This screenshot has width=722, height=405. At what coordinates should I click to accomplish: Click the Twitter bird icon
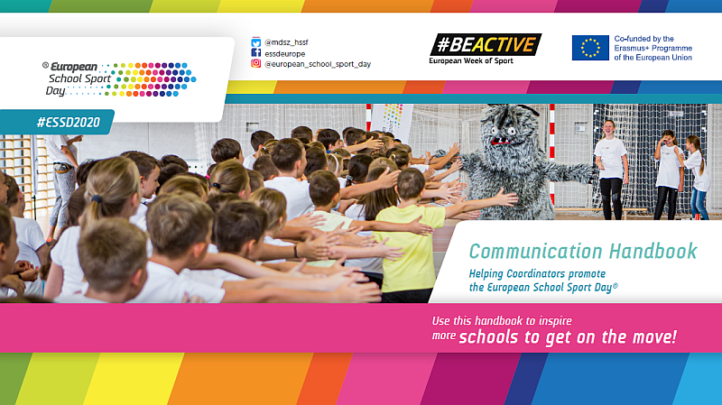pos(256,42)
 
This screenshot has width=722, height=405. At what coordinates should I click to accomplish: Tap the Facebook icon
pos(256,53)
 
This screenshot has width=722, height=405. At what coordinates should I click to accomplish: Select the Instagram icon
pos(256,63)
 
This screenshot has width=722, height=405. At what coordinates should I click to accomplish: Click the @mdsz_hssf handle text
pos(286,42)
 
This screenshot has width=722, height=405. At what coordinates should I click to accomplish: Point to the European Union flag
pos(590,48)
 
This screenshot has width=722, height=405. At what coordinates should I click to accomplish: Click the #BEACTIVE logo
pos(486,44)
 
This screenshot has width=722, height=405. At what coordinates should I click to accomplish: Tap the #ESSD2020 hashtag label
pos(69,123)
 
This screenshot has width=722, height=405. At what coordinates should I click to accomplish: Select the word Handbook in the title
pos(653,252)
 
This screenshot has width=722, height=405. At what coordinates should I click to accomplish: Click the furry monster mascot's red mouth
pos(500,141)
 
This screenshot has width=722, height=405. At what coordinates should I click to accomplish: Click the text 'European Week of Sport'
pos(470,60)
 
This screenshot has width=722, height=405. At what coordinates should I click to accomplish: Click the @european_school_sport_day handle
pos(318,64)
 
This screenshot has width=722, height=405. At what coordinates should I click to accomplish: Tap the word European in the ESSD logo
pos(74,67)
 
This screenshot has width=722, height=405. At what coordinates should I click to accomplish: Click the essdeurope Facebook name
pos(284,53)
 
